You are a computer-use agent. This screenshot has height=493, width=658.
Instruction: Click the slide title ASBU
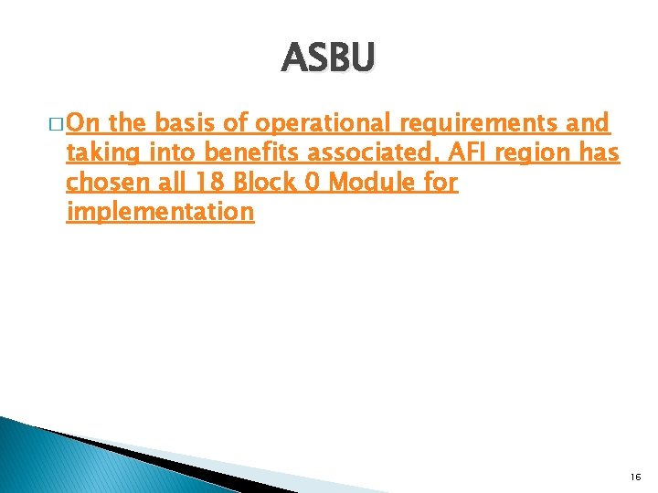pyautogui.click(x=328, y=58)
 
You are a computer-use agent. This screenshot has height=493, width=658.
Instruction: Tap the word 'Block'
pyautogui.click(x=262, y=183)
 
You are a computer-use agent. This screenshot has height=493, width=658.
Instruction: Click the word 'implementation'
pyautogui.click(x=159, y=213)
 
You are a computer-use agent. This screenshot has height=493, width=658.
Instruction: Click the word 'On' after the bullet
pyautogui.click(x=85, y=123)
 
